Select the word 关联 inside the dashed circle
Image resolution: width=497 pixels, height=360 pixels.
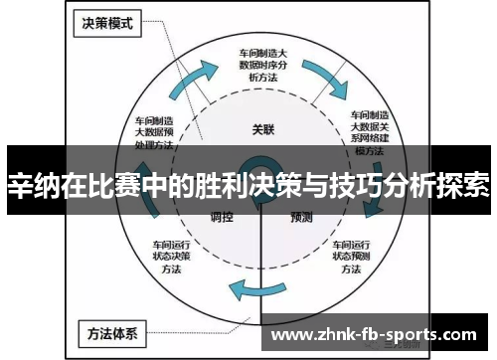pyautogui.click(x=261, y=128)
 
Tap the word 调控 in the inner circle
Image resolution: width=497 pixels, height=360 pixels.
pyautogui.click(x=221, y=216)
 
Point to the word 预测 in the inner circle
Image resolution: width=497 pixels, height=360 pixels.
pyautogui.click(x=302, y=216)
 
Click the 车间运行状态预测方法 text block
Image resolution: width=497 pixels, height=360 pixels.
pyautogui.click(x=352, y=255)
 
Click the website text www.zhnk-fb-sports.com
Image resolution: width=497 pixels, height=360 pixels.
pyautogui.click(x=378, y=332)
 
